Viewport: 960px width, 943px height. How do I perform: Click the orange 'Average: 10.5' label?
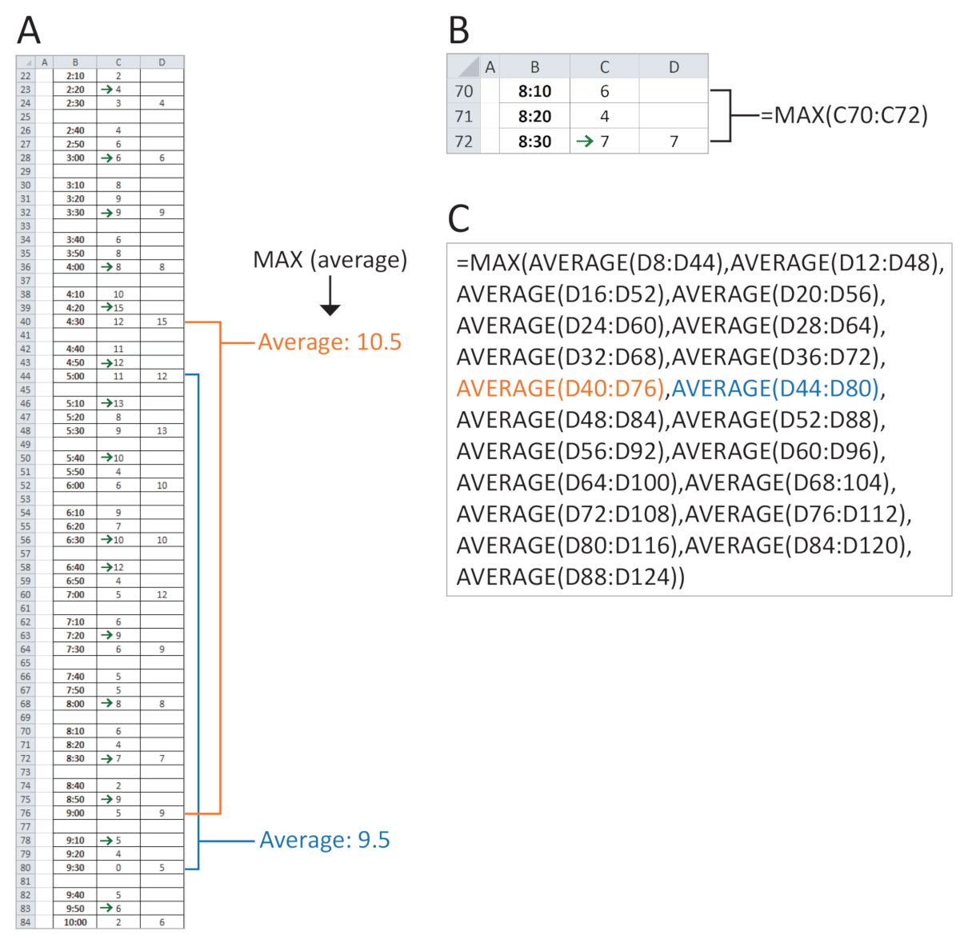point(330,342)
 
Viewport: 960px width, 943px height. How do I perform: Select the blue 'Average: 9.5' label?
point(324,840)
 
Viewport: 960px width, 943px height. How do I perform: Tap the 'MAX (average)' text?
point(330,259)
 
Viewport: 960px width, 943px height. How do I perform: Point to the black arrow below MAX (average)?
point(330,296)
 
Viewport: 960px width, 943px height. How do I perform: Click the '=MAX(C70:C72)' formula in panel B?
point(844,115)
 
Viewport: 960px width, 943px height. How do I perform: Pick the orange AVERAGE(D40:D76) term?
point(561,389)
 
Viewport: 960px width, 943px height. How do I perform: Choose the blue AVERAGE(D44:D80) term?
point(774,389)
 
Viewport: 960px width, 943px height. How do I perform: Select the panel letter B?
point(459,31)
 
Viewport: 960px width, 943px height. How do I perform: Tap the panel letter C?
point(459,218)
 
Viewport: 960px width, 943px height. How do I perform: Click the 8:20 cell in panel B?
point(534,116)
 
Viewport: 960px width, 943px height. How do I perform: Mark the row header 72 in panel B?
point(463,142)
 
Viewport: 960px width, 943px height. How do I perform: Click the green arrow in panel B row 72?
point(585,142)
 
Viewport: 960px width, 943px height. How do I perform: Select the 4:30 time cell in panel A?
point(75,322)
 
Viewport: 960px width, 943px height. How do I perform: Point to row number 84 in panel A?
point(26,922)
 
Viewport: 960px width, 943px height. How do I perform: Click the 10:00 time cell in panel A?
point(75,922)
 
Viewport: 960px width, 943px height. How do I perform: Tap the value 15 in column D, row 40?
point(162,322)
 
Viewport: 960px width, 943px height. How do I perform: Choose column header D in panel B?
point(674,66)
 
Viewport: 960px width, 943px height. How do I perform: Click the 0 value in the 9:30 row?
point(118,867)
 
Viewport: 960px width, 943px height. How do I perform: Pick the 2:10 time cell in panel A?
point(75,76)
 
